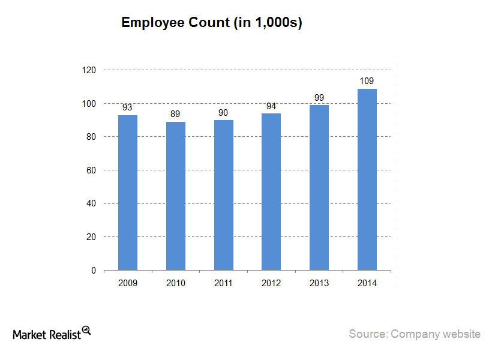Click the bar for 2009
coord(128,193)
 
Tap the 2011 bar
coord(224,195)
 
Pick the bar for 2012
coord(271,192)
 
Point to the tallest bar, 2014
coord(367,179)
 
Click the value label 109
coord(367,81)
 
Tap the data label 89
coord(176,114)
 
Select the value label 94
coord(271,106)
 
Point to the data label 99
coord(319,98)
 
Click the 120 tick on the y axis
coord(89,70)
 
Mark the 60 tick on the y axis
coord(91,170)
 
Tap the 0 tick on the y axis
coord(94,271)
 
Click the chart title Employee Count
coord(211,23)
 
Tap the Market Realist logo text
coord(47,334)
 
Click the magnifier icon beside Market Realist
coord(86,330)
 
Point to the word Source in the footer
coord(367,334)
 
